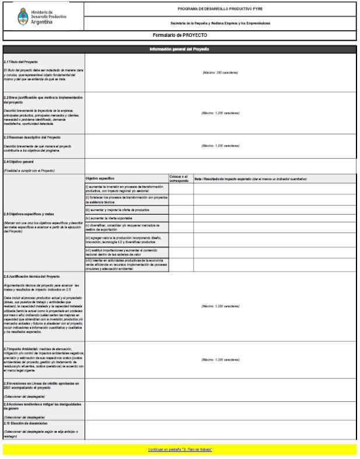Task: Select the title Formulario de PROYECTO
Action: coord(180,36)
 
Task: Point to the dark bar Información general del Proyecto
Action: coord(180,49)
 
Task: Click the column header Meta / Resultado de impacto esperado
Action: coord(250,178)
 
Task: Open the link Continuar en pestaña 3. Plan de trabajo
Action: coord(180,450)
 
